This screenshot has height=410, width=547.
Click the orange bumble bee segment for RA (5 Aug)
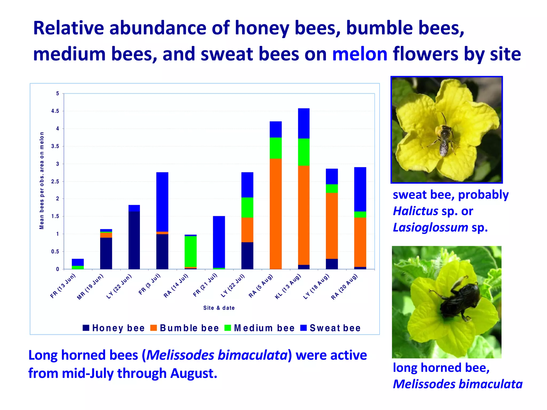point(276,214)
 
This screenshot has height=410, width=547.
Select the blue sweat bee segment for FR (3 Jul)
point(162,202)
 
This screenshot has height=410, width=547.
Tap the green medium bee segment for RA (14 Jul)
point(190,251)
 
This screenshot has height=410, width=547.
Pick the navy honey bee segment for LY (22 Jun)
point(134,240)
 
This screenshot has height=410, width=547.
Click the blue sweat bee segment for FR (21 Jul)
point(219,242)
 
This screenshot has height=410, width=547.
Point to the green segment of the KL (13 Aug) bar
point(304,152)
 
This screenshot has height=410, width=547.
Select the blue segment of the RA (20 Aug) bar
point(360,189)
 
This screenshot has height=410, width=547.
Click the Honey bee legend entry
point(114,328)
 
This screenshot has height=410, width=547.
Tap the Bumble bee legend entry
point(185,328)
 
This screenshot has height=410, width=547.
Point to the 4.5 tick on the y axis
point(55,111)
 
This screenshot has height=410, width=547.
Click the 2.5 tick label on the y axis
point(55,182)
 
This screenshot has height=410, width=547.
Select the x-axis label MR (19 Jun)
point(90,287)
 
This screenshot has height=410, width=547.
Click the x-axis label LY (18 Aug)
point(316,287)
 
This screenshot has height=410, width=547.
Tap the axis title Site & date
point(219,308)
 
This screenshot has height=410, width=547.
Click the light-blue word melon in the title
point(360,54)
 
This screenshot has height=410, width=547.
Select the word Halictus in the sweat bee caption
point(415,211)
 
